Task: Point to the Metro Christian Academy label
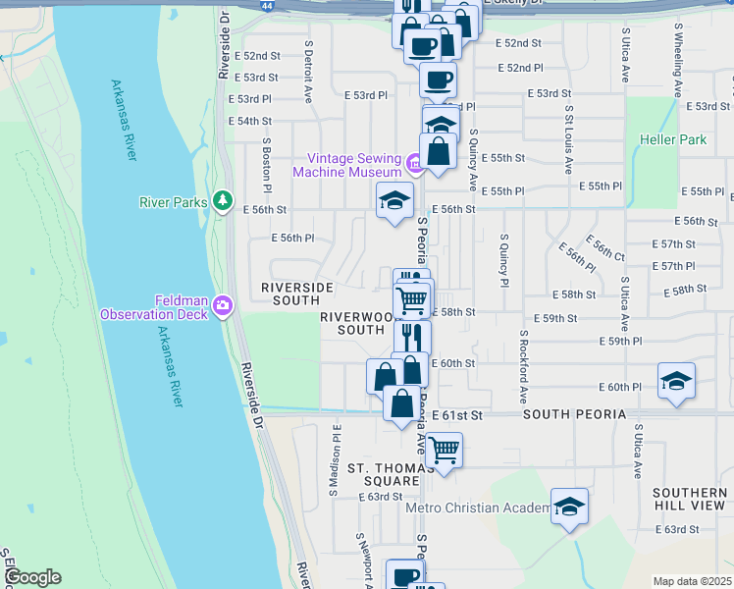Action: pyautogui.click(x=478, y=508)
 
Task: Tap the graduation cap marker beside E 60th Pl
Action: pyautogui.click(x=676, y=381)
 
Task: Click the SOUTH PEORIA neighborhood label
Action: pyautogui.click(x=574, y=415)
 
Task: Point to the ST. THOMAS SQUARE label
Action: pyautogui.click(x=379, y=472)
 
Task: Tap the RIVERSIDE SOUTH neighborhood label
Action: pyautogui.click(x=296, y=294)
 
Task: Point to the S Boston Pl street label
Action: pyautogui.click(x=266, y=165)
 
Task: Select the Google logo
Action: pyautogui.click(x=31, y=577)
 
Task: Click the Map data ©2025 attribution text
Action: pyautogui.click(x=692, y=581)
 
